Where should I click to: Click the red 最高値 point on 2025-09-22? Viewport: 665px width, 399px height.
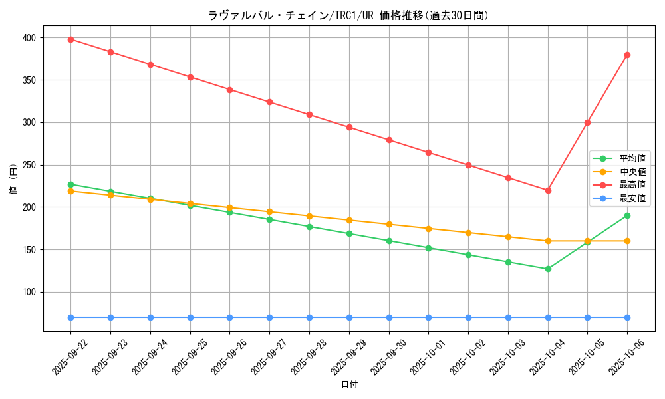point(70,39)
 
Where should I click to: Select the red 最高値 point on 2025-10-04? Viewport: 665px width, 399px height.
point(548,190)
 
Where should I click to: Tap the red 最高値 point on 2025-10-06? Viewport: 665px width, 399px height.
point(627,55)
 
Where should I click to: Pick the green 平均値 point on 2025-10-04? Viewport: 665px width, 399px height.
point(548,269)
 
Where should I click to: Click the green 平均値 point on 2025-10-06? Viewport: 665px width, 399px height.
point(627,215)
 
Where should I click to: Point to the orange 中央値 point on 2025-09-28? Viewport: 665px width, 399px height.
point(309,216)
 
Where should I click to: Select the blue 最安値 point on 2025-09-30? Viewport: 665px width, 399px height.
point(389,317)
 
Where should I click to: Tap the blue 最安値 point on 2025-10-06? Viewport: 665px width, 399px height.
point(627,317)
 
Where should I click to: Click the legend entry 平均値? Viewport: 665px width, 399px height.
point(632,158)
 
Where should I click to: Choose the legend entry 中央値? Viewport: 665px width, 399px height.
point(632,172)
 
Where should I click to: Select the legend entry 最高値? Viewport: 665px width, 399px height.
point(632,185)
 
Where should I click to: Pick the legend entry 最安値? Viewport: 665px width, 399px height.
point(632,198)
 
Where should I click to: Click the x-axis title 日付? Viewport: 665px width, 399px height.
point(349,385)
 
